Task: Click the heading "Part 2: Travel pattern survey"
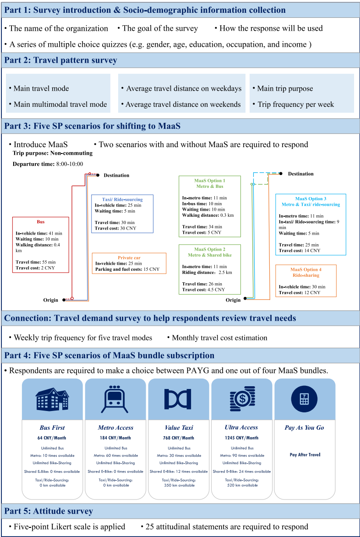[60, 60]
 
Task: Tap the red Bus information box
[41, 245]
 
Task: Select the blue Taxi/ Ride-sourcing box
[122, 214]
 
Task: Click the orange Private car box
[129, 263]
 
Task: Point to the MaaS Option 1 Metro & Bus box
[209, 206]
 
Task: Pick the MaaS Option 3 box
[311, 225]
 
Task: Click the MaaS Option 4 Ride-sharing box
[305, 280]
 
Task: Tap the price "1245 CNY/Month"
[241, 438]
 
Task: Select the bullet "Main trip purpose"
[285, 88]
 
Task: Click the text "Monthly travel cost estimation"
[219, 338]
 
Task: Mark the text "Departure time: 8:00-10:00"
[48, 164]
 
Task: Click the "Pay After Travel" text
[305, 455]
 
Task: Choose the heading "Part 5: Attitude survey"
[48, 511]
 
